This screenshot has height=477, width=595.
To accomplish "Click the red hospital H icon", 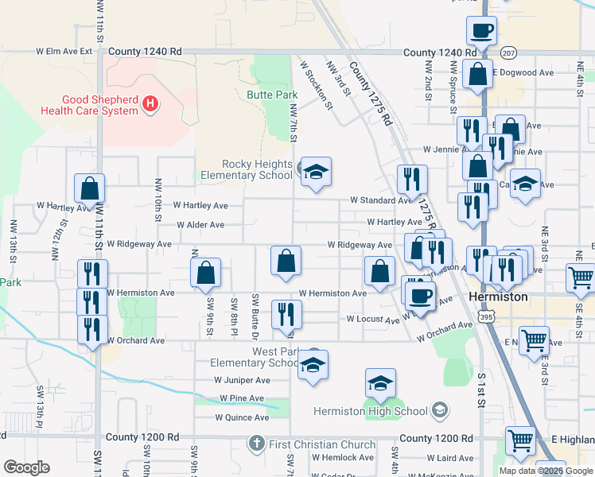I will pyautogui.click(x=150, y=103).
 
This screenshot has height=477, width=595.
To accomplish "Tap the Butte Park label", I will pyautogui.click(x=271, y=95).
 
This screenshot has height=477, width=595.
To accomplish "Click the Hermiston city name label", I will pyautogui.click(x=498, y=297).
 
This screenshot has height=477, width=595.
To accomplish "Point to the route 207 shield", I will pyautogui.click(x=509, y=52).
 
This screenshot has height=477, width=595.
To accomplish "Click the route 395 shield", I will pyautogui.click(x=484, y=317).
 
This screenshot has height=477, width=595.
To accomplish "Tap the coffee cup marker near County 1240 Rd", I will pyautogui.click(x=481, y=32).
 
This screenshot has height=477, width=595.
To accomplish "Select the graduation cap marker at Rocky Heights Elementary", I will pyautogui.click(x=315, y=173).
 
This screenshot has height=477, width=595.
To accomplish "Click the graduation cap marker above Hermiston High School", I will pyautogui.click(x=380, y=384).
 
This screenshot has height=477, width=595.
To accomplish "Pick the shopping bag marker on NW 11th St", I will pyautogui.click(x=89, y=189).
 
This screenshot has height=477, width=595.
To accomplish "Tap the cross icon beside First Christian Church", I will pyautogui.click(x=256, y=442).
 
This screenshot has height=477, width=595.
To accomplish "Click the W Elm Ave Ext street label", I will pyautogui.click(x=64, y=51).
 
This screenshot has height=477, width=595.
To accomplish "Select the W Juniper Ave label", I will pyautogui.click(x=243, y=380).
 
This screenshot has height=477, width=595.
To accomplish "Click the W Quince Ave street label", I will pyautogui.click(x=242, y=417).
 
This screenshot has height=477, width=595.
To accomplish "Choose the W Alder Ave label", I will pyautogui.click(x=200, y=225).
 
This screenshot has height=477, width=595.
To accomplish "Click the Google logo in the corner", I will pyautogui.click(x=27, y=467).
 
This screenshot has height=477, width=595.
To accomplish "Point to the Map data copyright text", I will pyautogui.click(x=546, y=471).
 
